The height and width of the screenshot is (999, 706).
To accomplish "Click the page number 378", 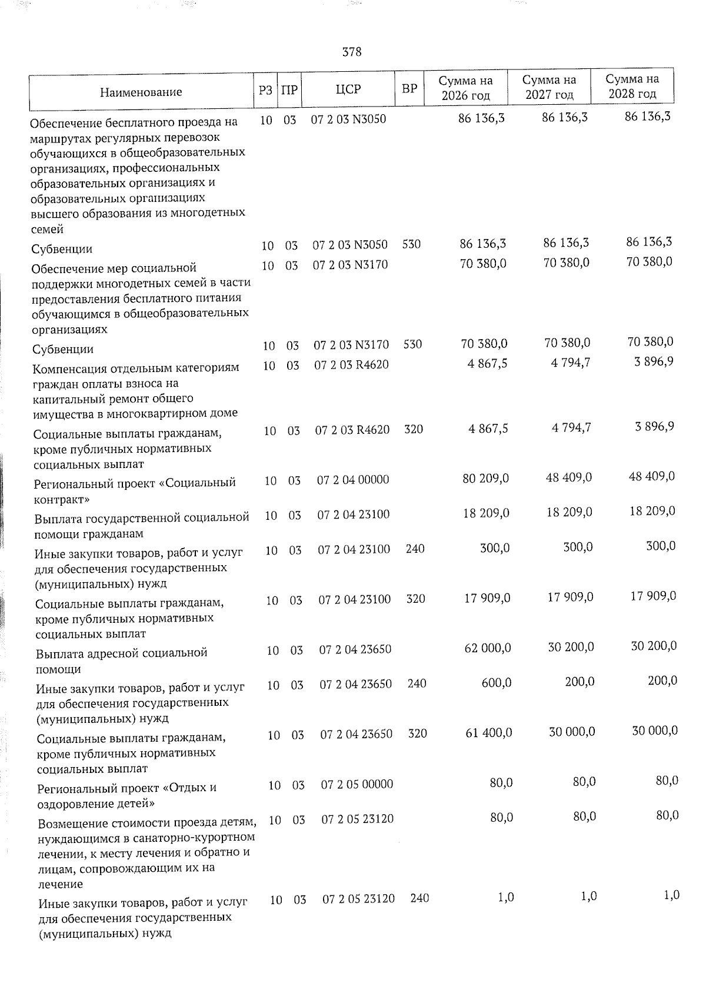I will [352, 52].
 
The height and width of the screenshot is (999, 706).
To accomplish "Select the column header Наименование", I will [141, 92].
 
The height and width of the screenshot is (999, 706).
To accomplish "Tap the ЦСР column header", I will [348, 89].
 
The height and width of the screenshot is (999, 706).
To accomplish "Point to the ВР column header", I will [409, 89].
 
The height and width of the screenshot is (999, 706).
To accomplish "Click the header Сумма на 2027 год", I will [550, 87].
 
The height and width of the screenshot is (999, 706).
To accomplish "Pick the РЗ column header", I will [265, 90].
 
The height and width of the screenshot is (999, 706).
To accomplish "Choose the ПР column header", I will [289, 90].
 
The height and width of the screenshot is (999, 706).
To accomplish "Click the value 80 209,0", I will [486, 478].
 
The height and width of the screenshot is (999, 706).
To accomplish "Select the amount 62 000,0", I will [488, 648].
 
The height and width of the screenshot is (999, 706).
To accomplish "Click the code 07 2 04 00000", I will [353, 480].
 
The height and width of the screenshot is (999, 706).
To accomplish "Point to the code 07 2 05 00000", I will [357, 784].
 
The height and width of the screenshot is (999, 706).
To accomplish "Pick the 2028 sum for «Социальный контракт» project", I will [652, 476].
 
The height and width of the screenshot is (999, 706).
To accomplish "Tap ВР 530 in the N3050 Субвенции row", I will [411, 244].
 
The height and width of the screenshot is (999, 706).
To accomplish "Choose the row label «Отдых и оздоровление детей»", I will [126, 795].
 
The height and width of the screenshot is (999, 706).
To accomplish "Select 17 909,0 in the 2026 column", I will [487, 598].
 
